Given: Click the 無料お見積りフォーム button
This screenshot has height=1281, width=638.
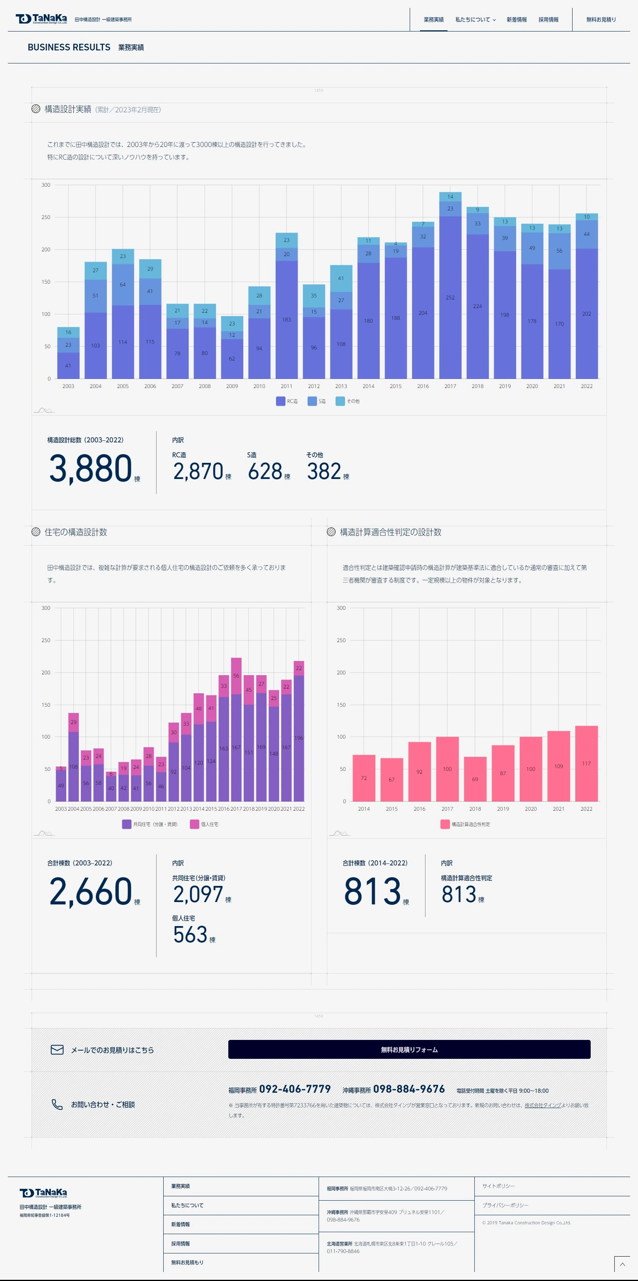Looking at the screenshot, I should coord(409,1049).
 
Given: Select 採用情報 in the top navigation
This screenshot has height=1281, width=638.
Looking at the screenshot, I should coord(548,20).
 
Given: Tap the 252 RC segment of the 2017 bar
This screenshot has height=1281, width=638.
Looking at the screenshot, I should coord(450,297).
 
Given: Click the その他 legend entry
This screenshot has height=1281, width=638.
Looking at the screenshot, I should coord(347,401).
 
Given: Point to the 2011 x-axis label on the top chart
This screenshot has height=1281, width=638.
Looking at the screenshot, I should coord(286,386).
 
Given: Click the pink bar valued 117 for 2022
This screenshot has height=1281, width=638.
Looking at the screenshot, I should coord(586,763).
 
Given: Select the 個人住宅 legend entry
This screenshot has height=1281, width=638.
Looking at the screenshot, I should coord(204,824).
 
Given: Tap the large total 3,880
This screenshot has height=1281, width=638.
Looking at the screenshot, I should coord(91,468).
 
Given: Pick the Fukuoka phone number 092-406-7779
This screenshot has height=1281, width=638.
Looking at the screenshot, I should coord(295,1089).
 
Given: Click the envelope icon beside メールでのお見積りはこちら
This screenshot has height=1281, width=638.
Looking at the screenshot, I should coord(57,1050).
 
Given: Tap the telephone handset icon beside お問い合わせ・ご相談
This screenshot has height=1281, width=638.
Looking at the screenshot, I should coord(57,1105).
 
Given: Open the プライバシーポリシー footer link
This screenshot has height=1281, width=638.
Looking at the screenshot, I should coord(505,1205).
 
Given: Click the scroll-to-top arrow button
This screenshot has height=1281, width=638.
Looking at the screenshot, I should coord(621,1264).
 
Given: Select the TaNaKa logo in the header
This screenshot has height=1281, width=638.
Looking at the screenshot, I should coord(41,19).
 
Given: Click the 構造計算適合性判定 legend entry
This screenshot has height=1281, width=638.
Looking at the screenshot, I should coord(465,824).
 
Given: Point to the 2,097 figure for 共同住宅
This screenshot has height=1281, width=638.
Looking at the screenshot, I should coord(198,895).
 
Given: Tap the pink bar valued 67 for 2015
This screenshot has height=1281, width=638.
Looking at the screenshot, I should coord(392,779).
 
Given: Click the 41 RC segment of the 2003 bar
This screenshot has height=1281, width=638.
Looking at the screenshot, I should coord(68,366).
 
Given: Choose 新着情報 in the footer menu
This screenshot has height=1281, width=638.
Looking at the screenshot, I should coord(180,1224).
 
